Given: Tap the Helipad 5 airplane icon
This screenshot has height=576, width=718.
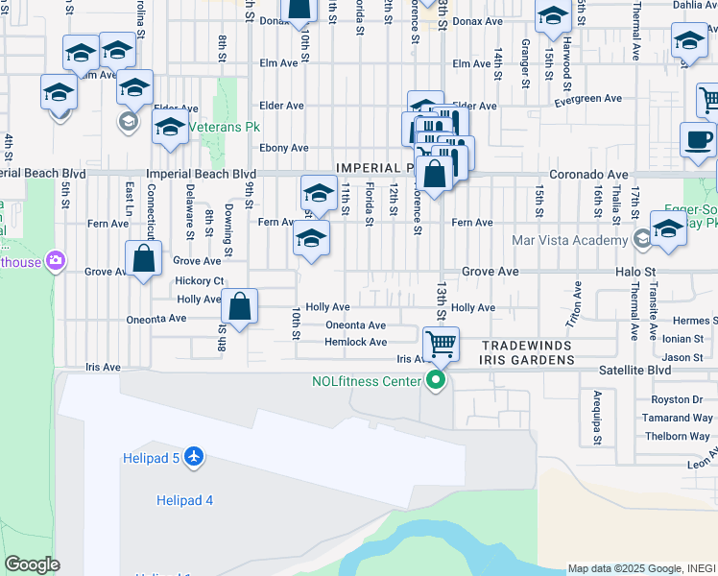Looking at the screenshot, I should pyautogui.click(x=194, y=457).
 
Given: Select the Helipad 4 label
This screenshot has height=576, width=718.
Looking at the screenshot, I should pyautogui.click(x=184, y=500).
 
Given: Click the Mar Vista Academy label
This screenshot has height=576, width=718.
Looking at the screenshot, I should pyautogui.click(x=568, y=240).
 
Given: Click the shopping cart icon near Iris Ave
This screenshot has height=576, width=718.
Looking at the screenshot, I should pyautogui.click(x=441, y=344).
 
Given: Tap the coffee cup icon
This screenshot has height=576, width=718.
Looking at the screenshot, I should pyautogui.click(x=699, y=139).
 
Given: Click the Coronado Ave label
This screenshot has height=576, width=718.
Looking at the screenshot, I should pyautogui.click(x=587, y=175).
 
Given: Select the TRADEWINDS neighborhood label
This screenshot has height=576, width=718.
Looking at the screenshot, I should pyautogui.click(x=526, y=345).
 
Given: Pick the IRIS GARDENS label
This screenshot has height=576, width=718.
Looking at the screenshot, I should pyautogui.click(x=527, y=360).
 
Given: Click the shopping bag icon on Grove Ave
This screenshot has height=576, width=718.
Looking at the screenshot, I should pyautogui.click(x=143, y=259).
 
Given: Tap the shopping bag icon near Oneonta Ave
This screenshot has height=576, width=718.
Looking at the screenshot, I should pyautogui.click(x=240, y=307).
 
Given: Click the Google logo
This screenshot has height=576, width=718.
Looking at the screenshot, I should pyautogui.click(x=32, y=564).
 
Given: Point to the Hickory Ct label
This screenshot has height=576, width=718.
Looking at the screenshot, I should pyautogui.click(x=200, y=281).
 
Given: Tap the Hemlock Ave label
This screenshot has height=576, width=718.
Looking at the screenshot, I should pyautogui.click(x=355, y=342).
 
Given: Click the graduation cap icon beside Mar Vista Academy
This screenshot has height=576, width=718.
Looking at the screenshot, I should pyautogui.click(x=668, y=230).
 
